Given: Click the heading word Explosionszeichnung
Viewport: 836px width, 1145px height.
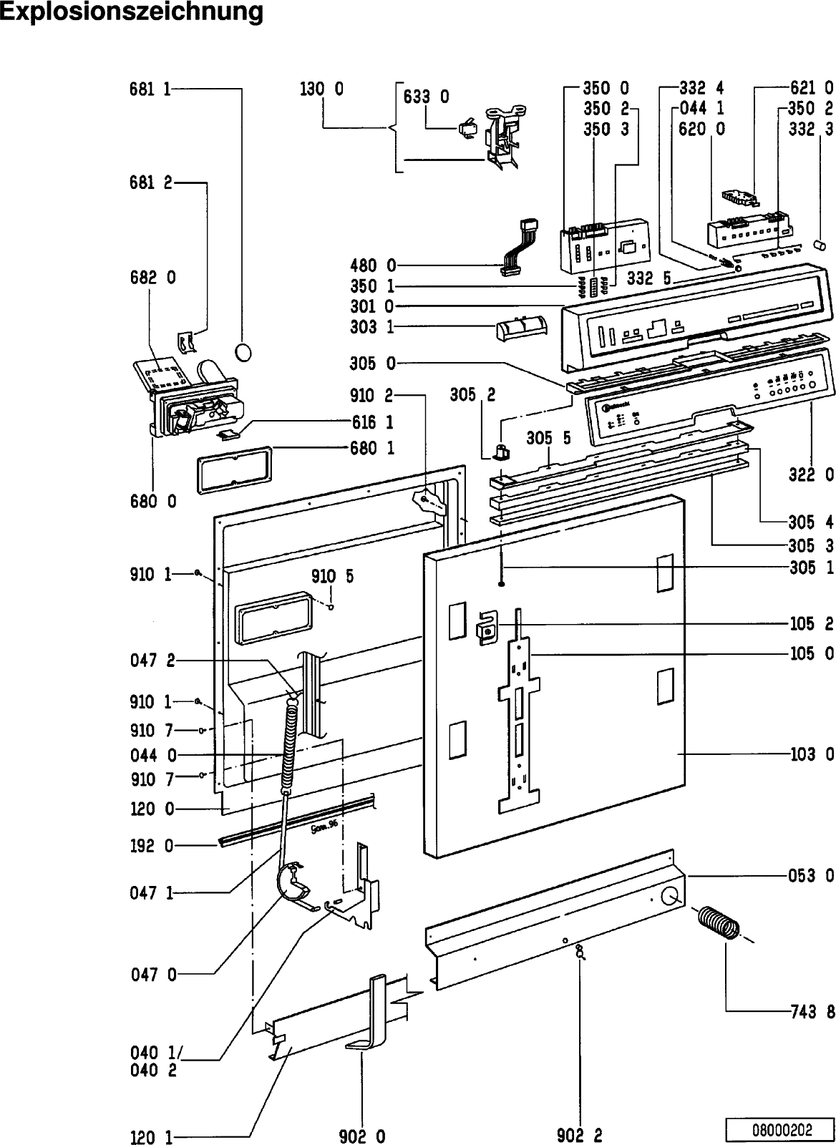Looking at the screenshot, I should [x=132, y=13].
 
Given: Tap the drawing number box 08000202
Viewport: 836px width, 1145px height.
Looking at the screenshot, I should [x=782, y=1130].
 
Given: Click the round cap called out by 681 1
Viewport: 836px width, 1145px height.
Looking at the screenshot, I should [x=244, y=353].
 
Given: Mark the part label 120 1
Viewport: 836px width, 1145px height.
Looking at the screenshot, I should [x=150, y=1136].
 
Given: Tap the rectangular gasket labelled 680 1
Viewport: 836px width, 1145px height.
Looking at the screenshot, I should [x=235, y=467].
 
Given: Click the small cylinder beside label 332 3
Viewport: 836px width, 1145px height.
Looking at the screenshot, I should [x=822, y=245].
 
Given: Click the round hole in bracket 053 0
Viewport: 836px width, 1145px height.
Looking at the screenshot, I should [x=671, y=896].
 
